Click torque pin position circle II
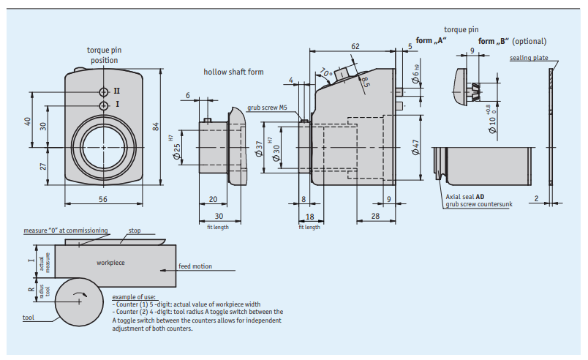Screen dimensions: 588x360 pos(104,92)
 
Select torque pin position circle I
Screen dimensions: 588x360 pos(104,106)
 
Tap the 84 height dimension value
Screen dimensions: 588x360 pos(156,127)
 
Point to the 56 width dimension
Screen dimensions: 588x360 pos(103,199)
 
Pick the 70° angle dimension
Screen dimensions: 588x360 pos(326,72)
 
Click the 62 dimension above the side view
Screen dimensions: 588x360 pos(355,46)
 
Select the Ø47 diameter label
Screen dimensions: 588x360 pos(415,147)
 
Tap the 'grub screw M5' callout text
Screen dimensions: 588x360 pos(267,108)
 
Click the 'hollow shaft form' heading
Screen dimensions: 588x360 pos(233,72)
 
